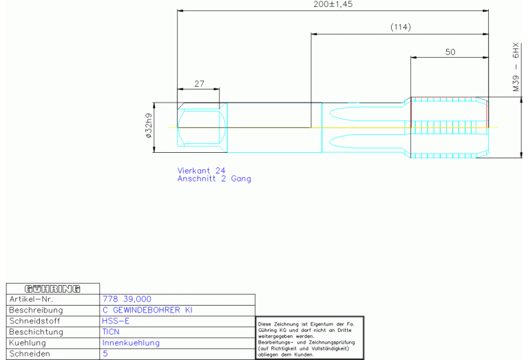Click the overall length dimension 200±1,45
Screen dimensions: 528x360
[x=332, y=4]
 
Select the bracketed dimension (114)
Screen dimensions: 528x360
[x=401, y=27]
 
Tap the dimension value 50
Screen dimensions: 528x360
[x=450, y=52]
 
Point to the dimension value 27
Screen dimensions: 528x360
[x=200, y=83]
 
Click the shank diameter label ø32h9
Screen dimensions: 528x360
[x=149, y=125]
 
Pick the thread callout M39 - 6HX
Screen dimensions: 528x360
[x=516, y=67]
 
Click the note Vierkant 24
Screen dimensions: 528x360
[x=201, y=171]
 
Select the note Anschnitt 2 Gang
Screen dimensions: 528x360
[x=214, y=179]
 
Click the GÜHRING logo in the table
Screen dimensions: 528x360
[x=52, y=289]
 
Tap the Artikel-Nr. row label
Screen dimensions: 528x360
[x=31, y=299]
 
